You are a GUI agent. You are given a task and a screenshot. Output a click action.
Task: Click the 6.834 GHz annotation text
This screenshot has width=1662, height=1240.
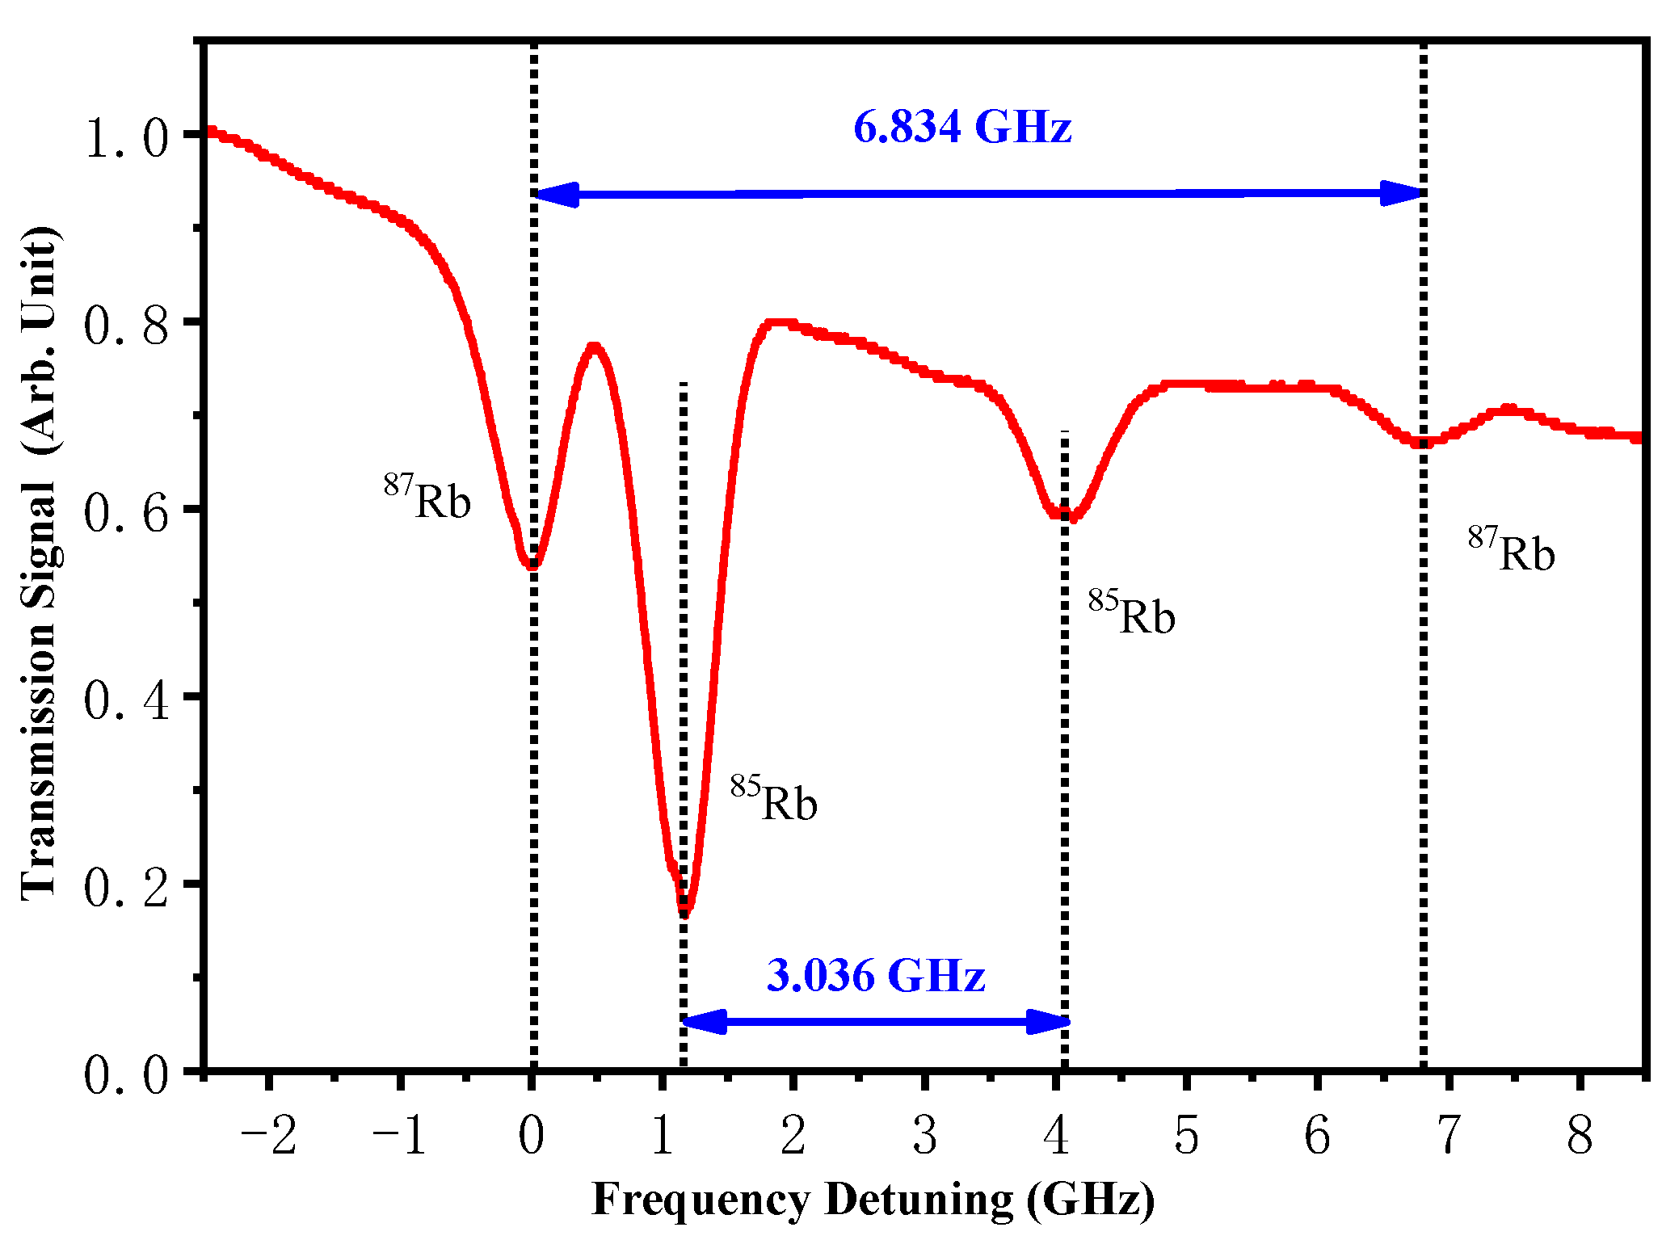[x=962, y=128]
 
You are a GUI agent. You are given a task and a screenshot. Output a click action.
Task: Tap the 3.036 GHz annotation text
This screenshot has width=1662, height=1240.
[x=876, y=975]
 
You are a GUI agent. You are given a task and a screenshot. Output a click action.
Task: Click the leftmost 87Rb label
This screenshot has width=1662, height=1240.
[x=427, y=498]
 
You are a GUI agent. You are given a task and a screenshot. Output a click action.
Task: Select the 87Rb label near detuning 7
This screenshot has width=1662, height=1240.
[x=1511, y=551]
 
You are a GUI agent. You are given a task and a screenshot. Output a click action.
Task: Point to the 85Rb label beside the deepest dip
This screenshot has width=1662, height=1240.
[x=774, y=800]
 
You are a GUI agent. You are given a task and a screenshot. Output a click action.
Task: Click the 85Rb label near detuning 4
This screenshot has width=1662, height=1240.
[x=1131, y=614]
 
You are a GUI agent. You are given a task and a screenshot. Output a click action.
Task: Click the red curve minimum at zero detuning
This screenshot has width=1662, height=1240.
[x=532, y=565]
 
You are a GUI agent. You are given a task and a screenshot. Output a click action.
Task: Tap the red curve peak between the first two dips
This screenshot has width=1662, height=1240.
[x=595, y=347]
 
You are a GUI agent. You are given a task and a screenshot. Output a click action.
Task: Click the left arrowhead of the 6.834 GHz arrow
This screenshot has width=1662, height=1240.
[x=556, y=195]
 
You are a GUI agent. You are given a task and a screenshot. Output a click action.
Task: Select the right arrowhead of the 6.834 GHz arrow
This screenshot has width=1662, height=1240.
[x=1402, y=193]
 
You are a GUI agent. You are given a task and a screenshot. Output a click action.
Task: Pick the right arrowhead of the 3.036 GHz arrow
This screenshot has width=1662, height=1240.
[x=1048, y=1022]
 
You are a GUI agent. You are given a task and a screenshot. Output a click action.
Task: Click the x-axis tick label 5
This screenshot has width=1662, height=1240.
[x=1186, y=1136]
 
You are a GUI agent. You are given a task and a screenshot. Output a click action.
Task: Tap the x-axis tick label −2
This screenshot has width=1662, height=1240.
[x=269, y=1136]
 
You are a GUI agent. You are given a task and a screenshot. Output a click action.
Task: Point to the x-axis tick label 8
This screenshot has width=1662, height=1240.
[x=1580, y=1136]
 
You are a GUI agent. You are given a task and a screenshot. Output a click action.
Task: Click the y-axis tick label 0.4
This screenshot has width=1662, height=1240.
[x=127, y=699]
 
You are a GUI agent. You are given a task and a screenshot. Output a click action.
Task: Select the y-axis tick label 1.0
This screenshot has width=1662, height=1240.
[x=127, y=137]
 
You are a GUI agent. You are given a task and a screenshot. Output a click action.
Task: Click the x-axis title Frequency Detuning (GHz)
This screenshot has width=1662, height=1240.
[x=873, y=1199]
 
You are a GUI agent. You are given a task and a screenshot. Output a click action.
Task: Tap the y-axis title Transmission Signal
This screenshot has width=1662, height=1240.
[x=39, y=565]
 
